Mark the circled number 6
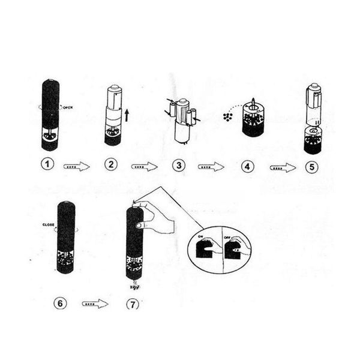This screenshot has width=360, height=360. (x=59, y=303)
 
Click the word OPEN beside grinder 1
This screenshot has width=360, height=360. (x=67, y=107)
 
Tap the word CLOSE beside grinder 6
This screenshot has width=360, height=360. (x=49, y=225)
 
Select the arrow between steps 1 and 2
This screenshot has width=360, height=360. (x=77, y=167)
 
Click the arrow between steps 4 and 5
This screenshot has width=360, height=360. (x=283, y=167)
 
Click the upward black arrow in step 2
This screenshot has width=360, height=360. (x=127, y=114)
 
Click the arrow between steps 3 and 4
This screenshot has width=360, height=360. (x=211, y=167)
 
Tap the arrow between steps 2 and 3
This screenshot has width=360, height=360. (x=145, y=167)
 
